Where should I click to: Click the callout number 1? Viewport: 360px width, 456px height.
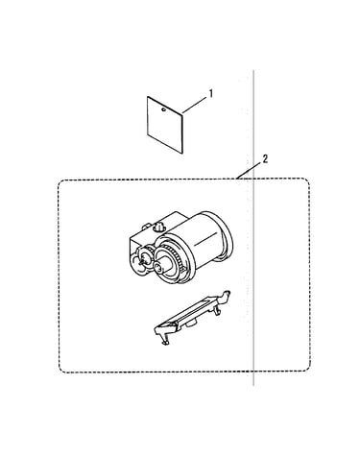211,94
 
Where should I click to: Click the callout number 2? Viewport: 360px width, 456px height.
265,159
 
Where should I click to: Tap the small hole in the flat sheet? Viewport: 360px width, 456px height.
163,109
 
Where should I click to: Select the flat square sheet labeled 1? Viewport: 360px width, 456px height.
165,125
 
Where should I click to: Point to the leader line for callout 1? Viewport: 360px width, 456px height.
195,106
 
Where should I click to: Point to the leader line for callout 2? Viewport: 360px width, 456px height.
249,170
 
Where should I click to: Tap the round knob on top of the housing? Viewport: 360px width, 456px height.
157,227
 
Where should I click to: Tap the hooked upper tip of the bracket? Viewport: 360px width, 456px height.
227,295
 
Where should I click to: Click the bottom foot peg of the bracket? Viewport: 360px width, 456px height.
165,343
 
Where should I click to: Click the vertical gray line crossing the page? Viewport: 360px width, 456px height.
253,228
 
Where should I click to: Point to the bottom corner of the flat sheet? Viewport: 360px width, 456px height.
182,154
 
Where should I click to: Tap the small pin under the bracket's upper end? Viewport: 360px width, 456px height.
218,311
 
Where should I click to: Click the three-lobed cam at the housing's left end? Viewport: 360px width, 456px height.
140,262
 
